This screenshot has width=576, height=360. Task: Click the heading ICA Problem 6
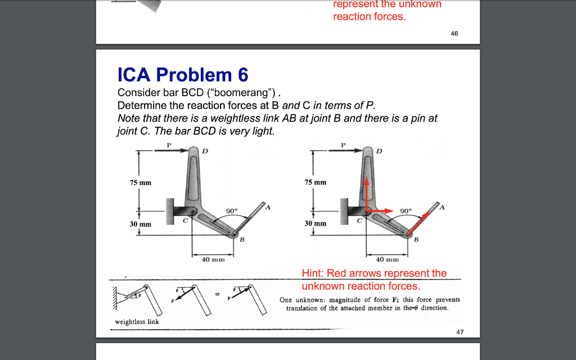click(183, 75)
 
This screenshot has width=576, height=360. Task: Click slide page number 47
click(460, 332)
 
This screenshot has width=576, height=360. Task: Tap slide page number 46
click(454, 34)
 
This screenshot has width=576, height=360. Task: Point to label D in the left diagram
click(205, 151)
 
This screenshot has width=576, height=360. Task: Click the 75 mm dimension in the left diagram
click(141, 183)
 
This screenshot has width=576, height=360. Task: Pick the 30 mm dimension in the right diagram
click(315, 224)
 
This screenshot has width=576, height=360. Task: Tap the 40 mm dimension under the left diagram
click(213, 259)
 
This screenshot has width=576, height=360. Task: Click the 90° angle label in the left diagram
click(232, 211)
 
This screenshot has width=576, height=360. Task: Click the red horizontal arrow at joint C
click(380, 210)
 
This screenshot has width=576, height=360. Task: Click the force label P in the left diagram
click(168, 145)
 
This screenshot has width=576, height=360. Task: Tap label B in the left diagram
click(242, 240)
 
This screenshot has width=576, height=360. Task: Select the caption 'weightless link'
click(137, 322)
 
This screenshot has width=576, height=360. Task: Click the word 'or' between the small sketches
click(217, 294)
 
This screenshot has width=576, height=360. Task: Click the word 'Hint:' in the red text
click(313, 273)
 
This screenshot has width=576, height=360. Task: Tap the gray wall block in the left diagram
click(173, 211)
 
